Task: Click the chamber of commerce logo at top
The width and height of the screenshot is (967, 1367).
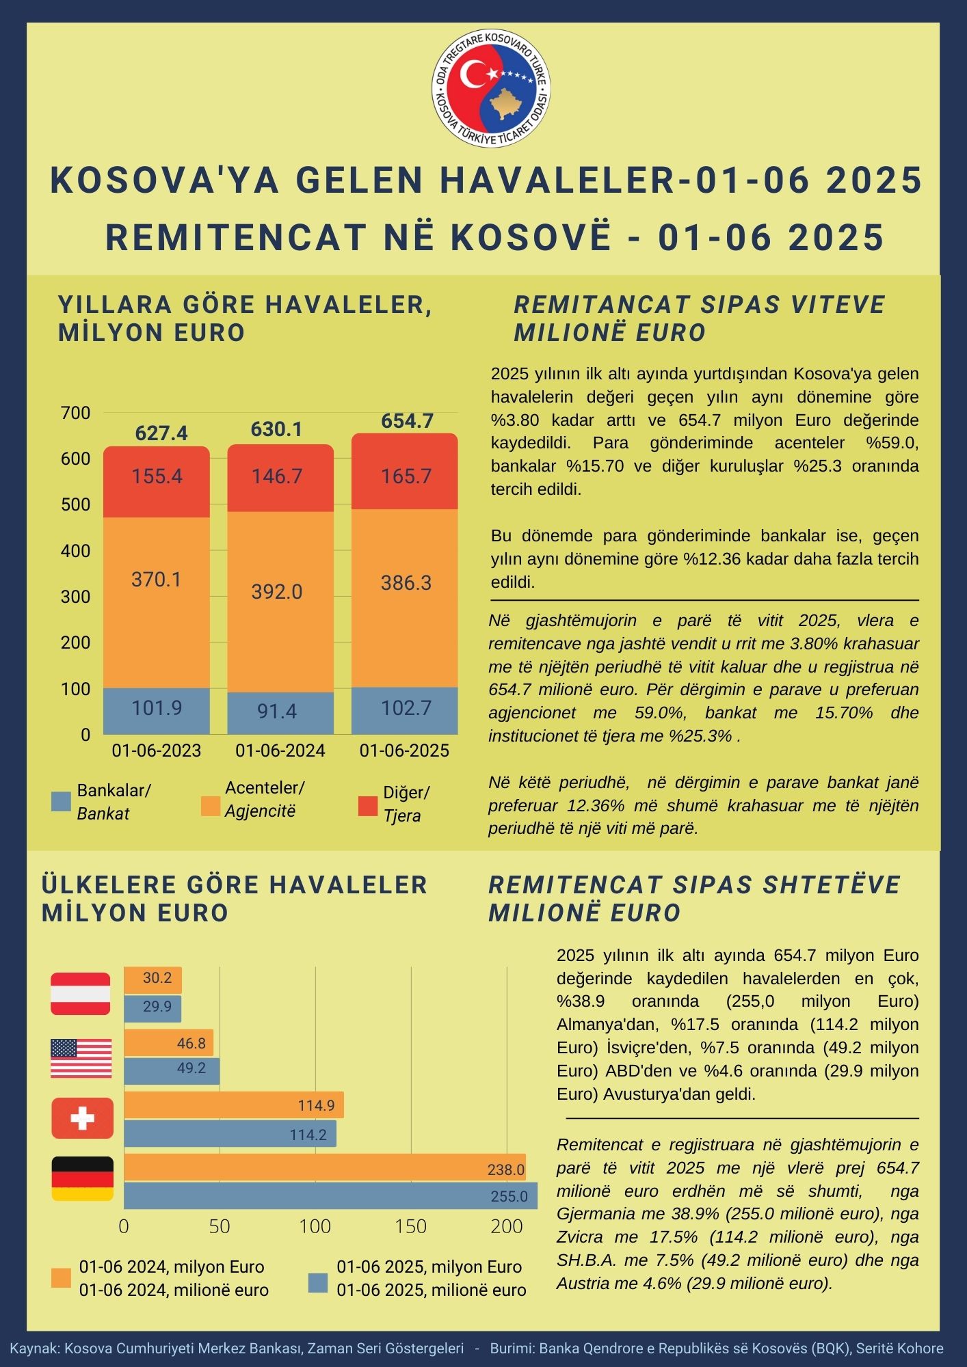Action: click(490, 89)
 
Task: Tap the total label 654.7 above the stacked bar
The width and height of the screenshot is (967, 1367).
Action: click(407, 421)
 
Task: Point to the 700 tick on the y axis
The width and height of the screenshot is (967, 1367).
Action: click(76, 413)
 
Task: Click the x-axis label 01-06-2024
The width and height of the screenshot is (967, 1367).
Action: click(280, 750)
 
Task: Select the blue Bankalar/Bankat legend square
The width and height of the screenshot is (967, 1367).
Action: click(62, 802)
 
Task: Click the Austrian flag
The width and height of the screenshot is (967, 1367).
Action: click(81, 994)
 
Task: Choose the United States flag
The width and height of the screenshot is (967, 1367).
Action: click(81, 1058)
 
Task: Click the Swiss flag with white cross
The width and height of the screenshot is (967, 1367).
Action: click(82, 1118)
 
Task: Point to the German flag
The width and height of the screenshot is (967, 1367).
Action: click(82, 1178)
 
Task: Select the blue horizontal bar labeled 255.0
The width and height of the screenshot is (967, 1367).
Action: click(330, 1196)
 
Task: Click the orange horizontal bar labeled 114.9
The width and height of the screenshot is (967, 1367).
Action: click(233, 1105)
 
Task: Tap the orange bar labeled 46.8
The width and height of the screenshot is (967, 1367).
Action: click(168, 1043)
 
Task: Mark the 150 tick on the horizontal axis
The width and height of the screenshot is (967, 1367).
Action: click(410, 1226)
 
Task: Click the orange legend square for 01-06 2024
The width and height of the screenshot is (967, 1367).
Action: click(62, 1278)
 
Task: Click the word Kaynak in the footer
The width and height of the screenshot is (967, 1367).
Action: click(34, 1349)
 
